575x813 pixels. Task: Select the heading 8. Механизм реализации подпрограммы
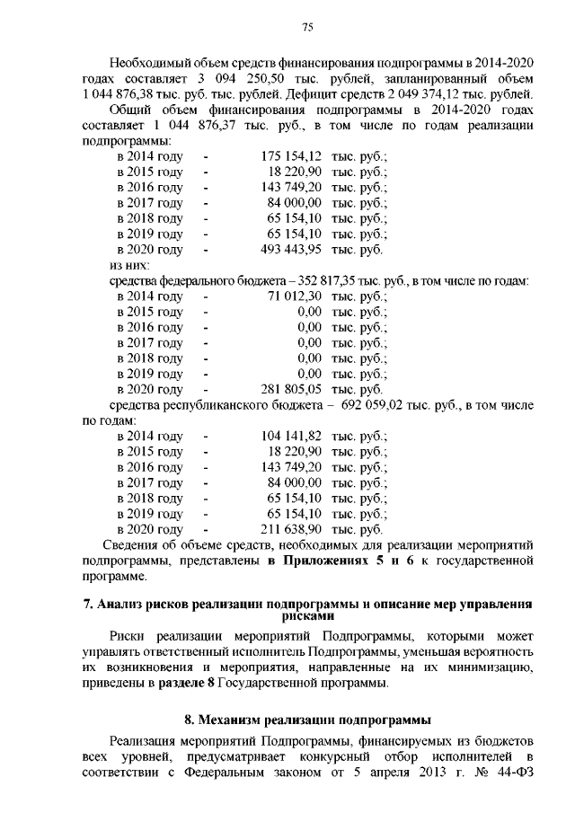coord(306,720)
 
